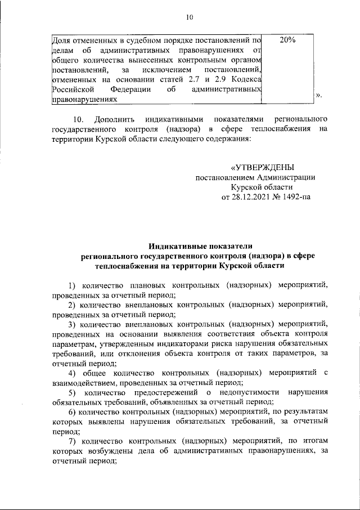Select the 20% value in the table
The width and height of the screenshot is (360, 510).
pos(287,40)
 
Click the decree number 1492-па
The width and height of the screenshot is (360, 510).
pos(296,197)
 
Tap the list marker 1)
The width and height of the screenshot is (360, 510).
pos(73,285)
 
